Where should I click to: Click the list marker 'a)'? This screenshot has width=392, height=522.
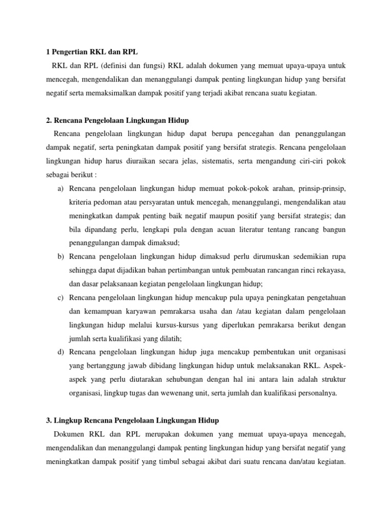(x=61, y=189)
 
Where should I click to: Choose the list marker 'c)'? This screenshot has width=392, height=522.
(x=61, y=297)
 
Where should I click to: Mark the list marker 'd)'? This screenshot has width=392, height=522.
(x=61, y=352)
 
